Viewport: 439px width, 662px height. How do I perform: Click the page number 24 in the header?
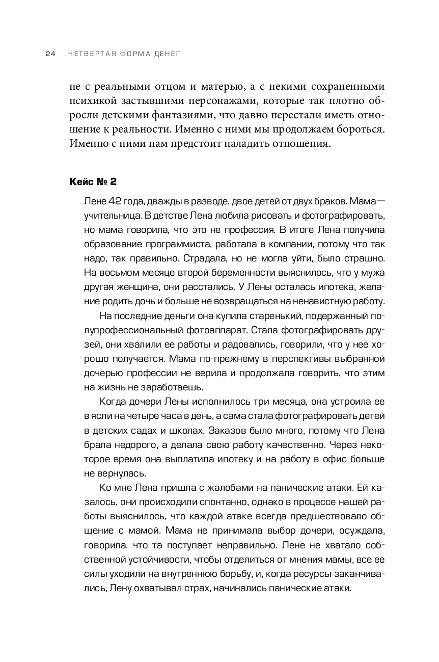tap(50, 54)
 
